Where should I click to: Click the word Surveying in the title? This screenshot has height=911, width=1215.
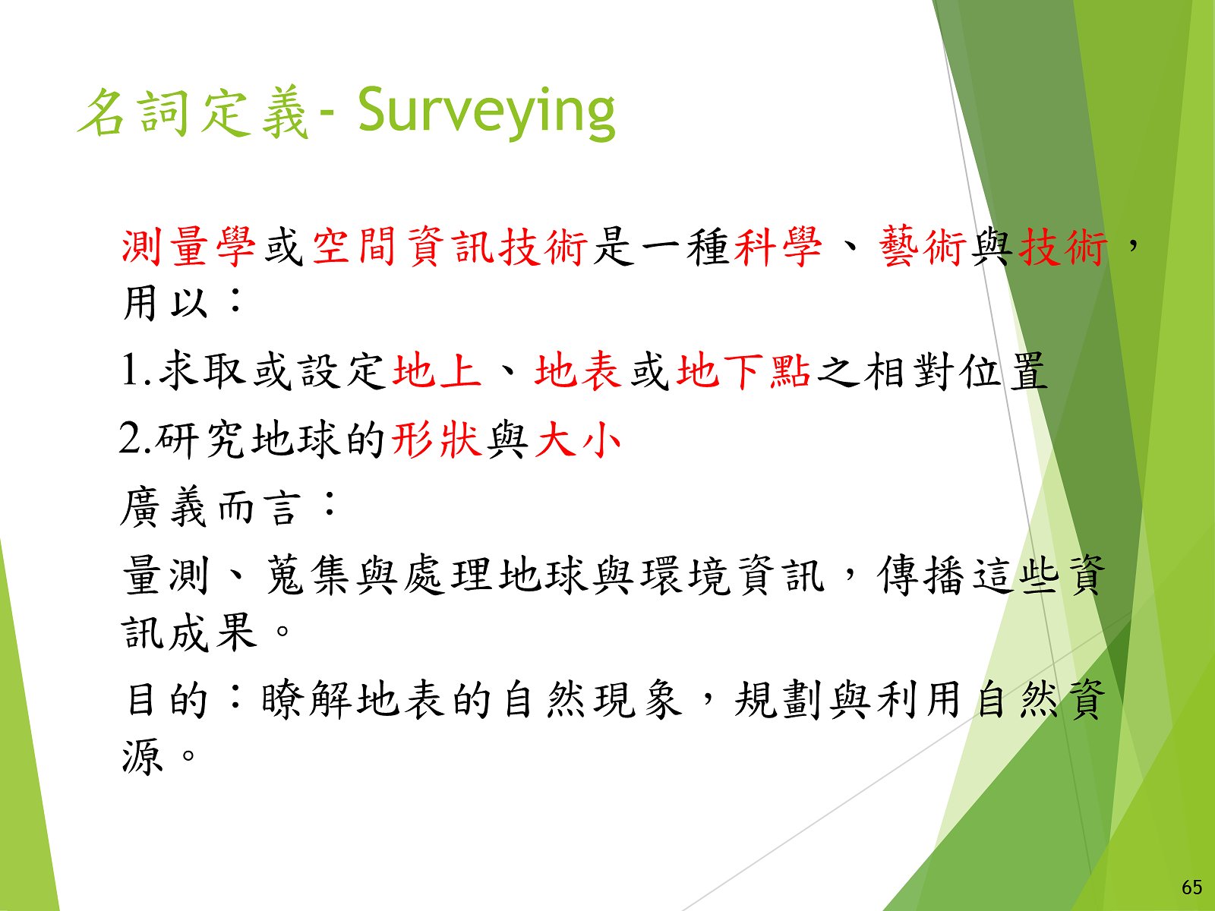[x=487, y=113]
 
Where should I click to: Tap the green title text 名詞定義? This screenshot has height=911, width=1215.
[x=192, y=113]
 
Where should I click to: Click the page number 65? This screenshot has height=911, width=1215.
[x=1191, y=887]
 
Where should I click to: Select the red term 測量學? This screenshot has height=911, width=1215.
[x=188, y=247]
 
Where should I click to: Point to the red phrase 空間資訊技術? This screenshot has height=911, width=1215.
[x=450, y=247]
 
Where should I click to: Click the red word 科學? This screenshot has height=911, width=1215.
[x=778, y=247]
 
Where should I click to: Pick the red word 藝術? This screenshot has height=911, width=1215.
[x=922, y=247]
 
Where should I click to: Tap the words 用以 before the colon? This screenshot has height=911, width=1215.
[x=165, y=303]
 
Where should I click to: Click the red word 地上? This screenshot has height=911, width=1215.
[x=437, y=370]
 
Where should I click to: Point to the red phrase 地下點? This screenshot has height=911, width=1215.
[x=743, y=370]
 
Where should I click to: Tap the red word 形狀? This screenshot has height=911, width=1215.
[x=436, y=440]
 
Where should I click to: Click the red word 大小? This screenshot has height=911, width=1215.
[x=577, y=440]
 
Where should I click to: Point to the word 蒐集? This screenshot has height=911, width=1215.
[x=308, y=575]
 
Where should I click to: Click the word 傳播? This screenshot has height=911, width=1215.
[x=922, y=575]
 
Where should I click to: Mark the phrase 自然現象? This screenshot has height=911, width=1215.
[x=593, y=700]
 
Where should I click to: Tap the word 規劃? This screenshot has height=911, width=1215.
[x=779, y=700]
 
